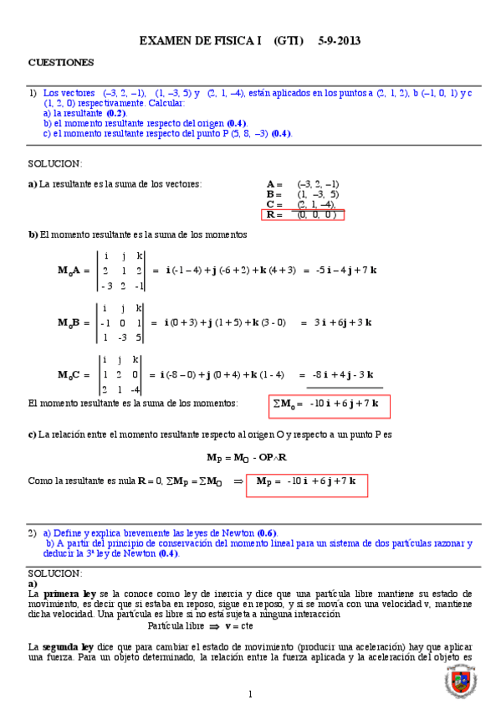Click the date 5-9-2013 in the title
pyautogui.click(x=340, y=40)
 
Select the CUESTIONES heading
pyautogui.click(x=61, y=62)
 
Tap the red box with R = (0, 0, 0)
pyautogui.click(x=304, y=215)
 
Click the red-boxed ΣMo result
pyautogui.click(x=329, y=405)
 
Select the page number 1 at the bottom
pyautogui.click(x=250, y=694)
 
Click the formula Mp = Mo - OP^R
pyautogui.click(x=247, y=457)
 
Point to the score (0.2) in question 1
pyautogui.click(x=116, y=112)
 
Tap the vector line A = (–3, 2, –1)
pyautogui.click(x=302, y=183)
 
